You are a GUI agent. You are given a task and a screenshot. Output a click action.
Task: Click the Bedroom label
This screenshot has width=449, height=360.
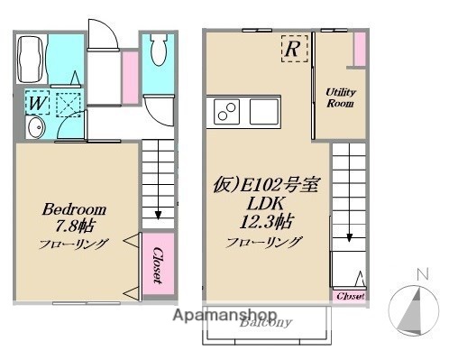(76, 208)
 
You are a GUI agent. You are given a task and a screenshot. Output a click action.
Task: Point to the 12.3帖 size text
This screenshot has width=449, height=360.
(263, 222)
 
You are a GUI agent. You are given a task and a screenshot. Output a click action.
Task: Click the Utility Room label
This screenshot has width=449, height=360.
(341, 97)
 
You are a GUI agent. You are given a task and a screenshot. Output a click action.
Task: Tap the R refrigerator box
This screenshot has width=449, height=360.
(292, 49)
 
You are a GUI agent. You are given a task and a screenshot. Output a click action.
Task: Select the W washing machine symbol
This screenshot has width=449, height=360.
(35, 103)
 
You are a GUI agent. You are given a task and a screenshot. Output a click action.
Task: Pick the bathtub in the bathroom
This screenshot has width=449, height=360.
(32, 59)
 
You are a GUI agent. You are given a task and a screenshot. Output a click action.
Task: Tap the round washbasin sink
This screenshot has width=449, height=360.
(34, 132)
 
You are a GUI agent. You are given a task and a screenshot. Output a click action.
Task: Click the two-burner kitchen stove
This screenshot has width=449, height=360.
(225, 114)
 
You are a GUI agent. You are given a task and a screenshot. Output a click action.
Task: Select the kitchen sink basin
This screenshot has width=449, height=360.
(263, 114)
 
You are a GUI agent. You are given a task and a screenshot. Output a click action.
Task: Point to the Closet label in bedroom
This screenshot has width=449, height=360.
(157, 265)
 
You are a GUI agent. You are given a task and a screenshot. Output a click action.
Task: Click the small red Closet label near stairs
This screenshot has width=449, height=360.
(350, 295)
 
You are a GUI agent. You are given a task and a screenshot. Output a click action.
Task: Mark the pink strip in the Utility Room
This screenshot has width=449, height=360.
(359, 49)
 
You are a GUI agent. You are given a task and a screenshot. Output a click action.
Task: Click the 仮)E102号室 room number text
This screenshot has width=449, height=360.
(263, 185)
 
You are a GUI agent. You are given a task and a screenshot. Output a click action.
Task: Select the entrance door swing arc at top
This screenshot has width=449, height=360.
(101, 36)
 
